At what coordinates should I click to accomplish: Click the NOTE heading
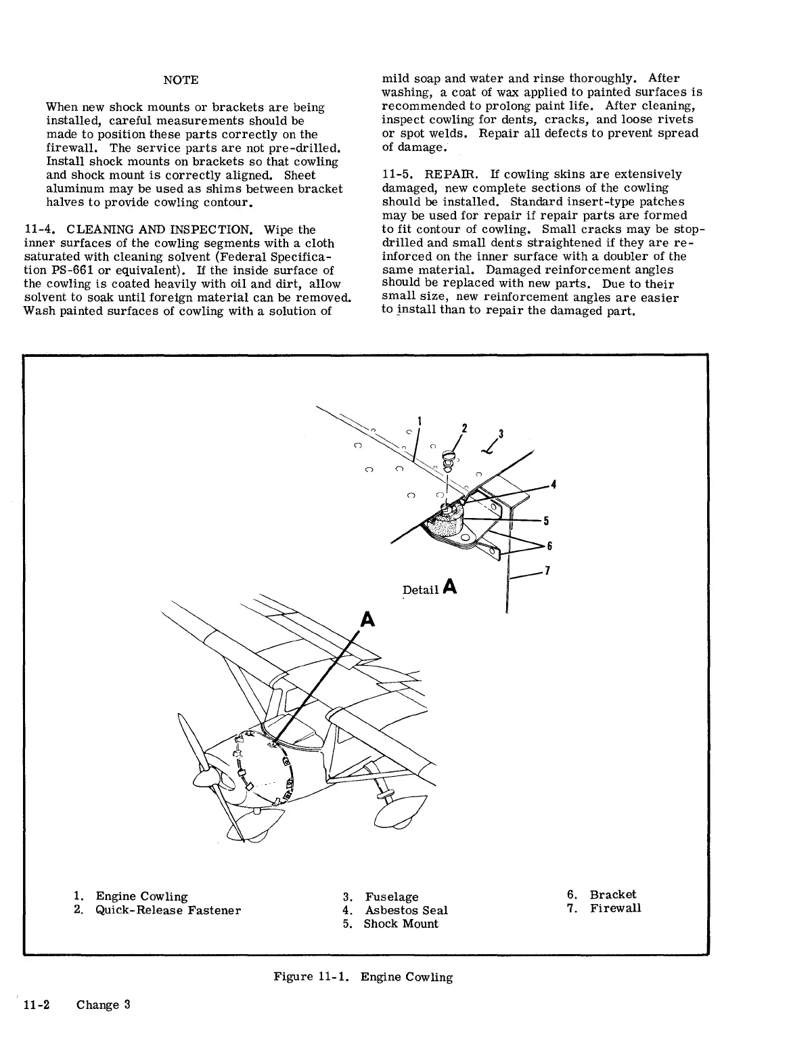click(x=181, y=80)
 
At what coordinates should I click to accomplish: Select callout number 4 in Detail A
click(x=554, y=485)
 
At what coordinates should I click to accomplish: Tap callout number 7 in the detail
click(x=547, y=571)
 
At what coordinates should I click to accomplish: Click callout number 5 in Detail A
click(x=546, y=521)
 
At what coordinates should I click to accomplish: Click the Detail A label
click(x=430, y=588)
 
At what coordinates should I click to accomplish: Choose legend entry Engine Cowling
click(x=141, y=897)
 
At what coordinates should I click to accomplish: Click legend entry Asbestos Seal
click(x=406, y=911)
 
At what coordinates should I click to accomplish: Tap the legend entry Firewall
click(x=615, y=908)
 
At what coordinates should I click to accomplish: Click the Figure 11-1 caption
click(x=363, y=977)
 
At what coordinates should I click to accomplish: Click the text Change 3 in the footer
click(x=103, y=1004)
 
